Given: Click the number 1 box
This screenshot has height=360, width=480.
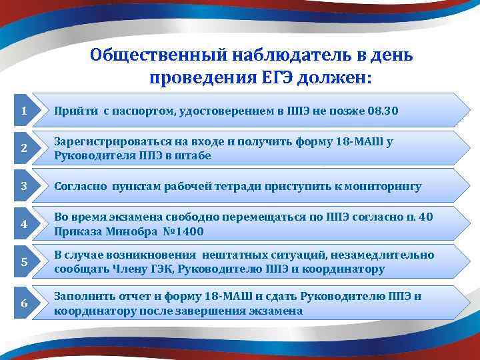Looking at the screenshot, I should (x=24, y=111).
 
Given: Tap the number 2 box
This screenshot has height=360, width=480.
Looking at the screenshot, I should (x=24, y=149).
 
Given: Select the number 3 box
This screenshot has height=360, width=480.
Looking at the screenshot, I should (x=24, y=187).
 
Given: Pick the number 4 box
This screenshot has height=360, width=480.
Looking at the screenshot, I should (x=24, y=225).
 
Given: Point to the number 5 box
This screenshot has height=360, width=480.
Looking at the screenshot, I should (x=24, y=263).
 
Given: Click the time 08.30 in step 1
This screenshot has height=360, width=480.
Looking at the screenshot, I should (x=383, y=111).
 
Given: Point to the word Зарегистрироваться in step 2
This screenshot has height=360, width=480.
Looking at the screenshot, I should (x=110, y=141).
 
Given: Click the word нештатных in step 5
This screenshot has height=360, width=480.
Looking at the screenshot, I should (x=230, y=255).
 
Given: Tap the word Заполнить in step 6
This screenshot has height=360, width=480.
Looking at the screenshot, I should (x=82, y=297).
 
